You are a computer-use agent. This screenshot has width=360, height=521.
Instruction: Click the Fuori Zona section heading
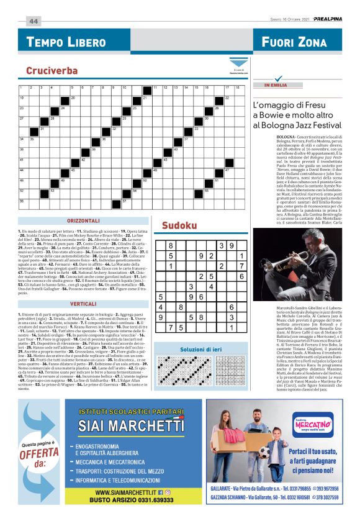294,42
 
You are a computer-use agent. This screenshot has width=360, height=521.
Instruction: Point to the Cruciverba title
52,71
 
